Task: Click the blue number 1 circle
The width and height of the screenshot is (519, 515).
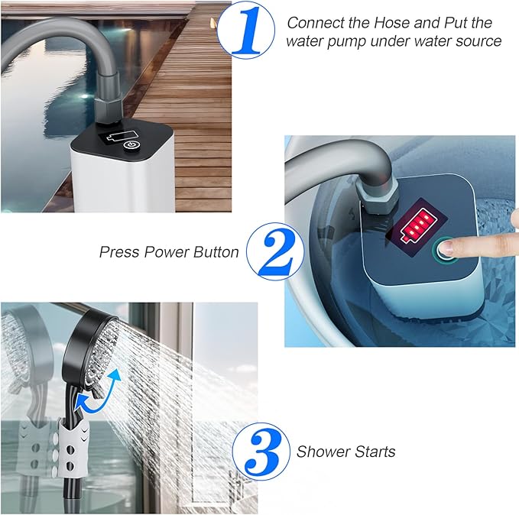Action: [245, 30]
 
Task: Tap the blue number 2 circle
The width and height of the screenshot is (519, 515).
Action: [275, 251]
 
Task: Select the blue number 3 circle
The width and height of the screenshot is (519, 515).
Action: [261, 452]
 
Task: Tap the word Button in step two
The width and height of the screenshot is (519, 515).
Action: [216, 252]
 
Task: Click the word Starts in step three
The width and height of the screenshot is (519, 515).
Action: [375, 452]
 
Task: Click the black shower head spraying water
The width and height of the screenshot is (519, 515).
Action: [89, 350]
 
